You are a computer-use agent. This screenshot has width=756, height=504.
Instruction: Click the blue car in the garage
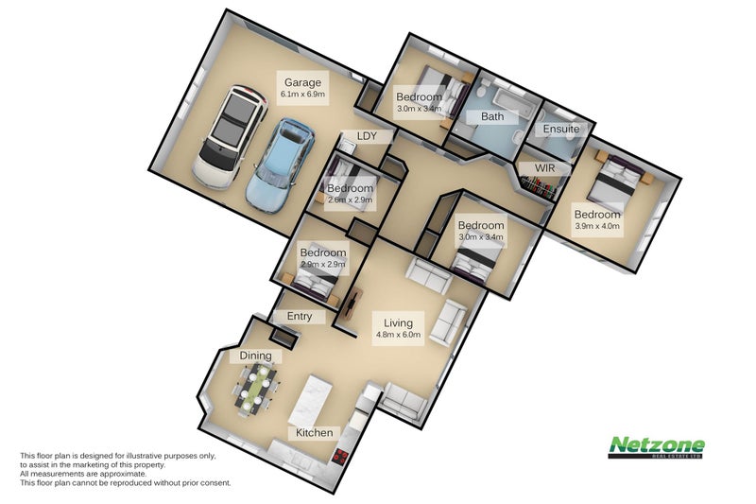pyautogui.click(x=280, y=165)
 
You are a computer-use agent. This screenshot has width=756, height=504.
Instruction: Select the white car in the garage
pyautogui.click(x=231, y=137)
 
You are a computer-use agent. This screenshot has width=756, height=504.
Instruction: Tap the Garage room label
pyautogui.click(x=302, y=82)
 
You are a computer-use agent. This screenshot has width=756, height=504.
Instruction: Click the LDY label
pyautogui.click(x=367, y=136)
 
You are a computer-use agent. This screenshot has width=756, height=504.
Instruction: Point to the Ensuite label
pyautogui.click(x=561, y=129)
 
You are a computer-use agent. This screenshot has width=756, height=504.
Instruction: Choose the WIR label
pyautogui.click(x=545, y=167)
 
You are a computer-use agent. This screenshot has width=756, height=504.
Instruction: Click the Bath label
pyautogui.click(x=492, y=116)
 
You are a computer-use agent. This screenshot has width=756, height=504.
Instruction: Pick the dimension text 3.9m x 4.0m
pyautogui.click(x=597, y=226)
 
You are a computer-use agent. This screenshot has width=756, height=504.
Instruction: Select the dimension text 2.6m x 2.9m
pyautogui.click(x=350, y=200)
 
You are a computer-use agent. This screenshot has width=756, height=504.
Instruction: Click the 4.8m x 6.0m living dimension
pyautogui.click(x=398, y=334)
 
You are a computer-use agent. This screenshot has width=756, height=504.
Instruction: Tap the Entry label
pyautogui.click(x=300, y=317)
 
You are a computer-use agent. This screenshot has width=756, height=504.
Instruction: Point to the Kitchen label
pyautogui.click(x=315, y=433)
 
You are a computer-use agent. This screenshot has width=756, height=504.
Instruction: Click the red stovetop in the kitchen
pyautogui.click(x=340, y=457)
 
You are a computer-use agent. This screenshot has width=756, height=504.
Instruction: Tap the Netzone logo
pyautogui.click(x=656, y=446)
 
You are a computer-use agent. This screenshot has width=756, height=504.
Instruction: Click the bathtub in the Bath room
pyautogui.click(x=515, y=100)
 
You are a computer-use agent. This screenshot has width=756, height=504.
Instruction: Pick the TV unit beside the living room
pyautogui.click(x=352, y=304)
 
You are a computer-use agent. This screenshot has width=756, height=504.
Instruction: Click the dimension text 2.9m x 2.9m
pyautogui.click(x=323, y=264)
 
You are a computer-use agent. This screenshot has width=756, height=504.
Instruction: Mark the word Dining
pyautogui.click(x=255, y=356)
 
